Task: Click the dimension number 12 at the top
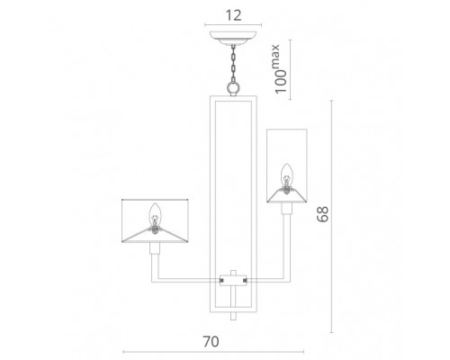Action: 233,15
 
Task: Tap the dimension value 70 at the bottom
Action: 211,341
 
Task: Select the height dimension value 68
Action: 323,214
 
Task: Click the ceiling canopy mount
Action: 233,38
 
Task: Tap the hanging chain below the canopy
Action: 233,64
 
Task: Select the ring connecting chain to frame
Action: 233,88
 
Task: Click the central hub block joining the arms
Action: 233,280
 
